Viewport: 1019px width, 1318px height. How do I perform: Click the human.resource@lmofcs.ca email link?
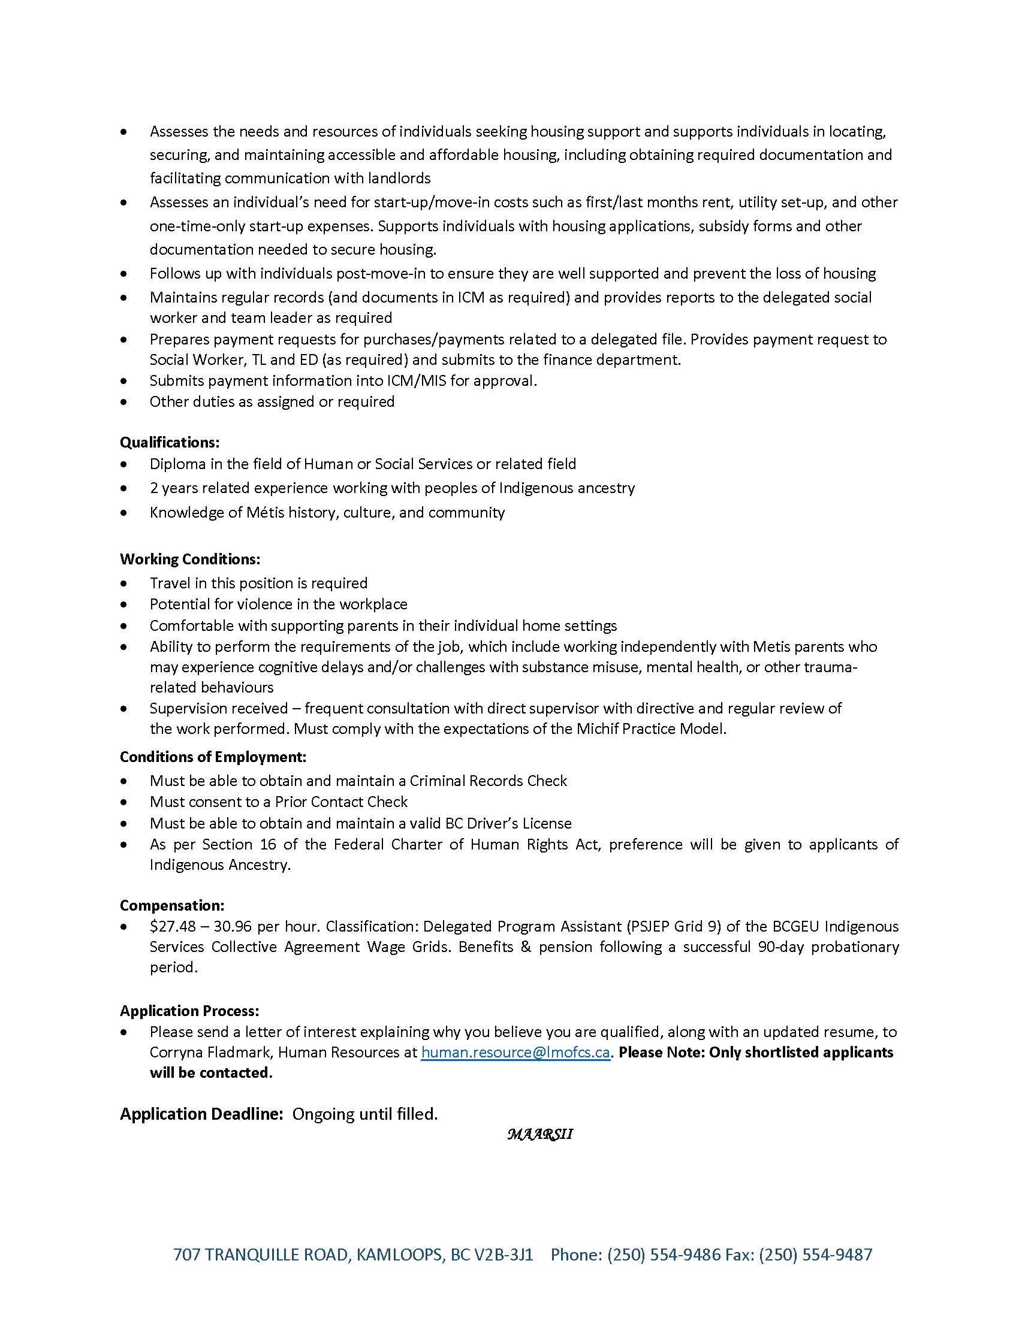pos(515,1052)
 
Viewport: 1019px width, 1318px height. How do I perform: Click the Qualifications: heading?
pos(170,442)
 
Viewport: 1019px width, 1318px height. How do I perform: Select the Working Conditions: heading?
pos(190,559)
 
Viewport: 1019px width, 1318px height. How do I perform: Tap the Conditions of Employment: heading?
pos(213,757)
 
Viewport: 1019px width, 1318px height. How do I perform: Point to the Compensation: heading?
pos(172,905)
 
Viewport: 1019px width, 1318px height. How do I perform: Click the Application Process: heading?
pos(189,1010)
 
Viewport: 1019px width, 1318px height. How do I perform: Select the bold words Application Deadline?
pos(201,1114)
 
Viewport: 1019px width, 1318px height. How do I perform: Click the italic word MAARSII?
pos(539,1134)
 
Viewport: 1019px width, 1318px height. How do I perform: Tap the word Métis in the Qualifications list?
pos(264,512)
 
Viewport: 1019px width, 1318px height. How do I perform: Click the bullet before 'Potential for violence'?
pos(124,604)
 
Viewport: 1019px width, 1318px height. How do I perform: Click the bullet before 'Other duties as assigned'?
pos(124,402)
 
